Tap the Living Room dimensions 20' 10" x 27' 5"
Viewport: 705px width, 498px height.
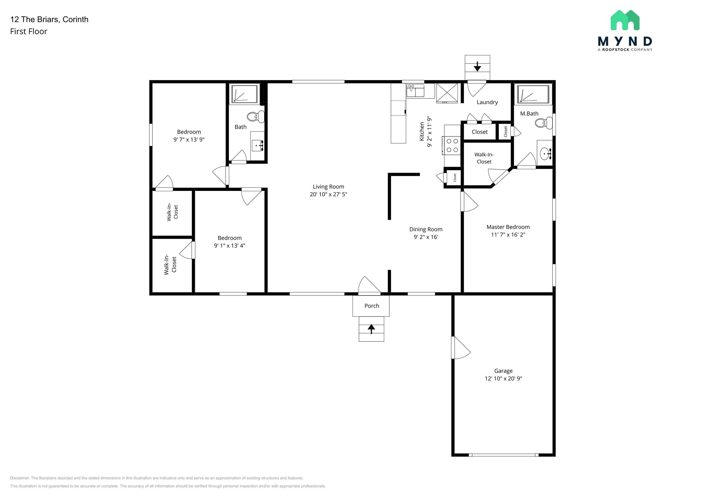pyautogui.click(x=328, y=194)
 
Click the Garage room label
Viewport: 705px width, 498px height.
pyautogui.click(x=503, y=371)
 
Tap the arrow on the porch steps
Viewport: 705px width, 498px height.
pyautogui.click(x=371, y=329)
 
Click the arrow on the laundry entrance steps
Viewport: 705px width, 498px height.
pyautogui.click(x=477, y=66)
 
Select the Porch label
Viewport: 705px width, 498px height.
pyautogui.click(x=371, y=306)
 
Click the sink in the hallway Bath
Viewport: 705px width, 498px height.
pyautogui.click(x=257, y=145)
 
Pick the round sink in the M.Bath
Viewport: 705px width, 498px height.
pyautogui.click(x=545, y=153)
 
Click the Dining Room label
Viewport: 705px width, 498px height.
pyautogui.click(x=425, y=229)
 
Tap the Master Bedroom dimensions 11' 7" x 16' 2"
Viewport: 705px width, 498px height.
pyautogui.click(x=508, y=235)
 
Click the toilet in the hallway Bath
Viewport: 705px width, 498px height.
pyautogui.click(x=255, y=117)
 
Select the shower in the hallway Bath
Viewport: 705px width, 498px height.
pyautogui.click(x=244, y=94)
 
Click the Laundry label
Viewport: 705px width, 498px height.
pyautogui.click(x=487, y=102)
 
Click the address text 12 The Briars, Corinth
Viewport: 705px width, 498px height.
pyautogui.click(x=49, y=19)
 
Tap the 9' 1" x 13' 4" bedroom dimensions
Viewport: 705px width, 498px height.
pyautogui.click(x=229, y=246)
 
